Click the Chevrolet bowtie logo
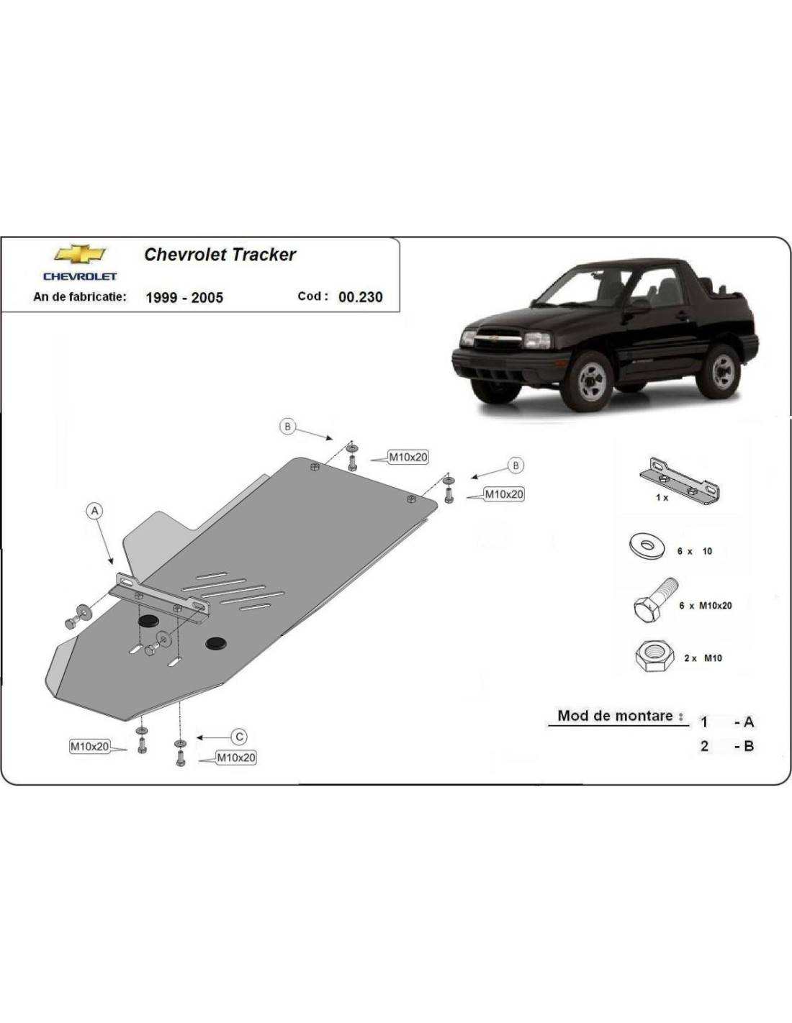[79, 254]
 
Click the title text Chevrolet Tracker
[220, 255]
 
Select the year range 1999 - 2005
[184, 298]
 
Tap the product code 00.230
[361, 296]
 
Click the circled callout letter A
[94, 511]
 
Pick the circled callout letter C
[239, 736]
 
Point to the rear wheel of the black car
[721, 370]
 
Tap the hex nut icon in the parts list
[654, 657]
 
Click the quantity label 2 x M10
[703, 658]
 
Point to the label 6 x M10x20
[705, 606]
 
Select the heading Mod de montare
[616, 716]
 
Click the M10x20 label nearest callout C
[236, 758]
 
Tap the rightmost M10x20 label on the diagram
[504, 494]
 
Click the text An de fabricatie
[80, 296]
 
